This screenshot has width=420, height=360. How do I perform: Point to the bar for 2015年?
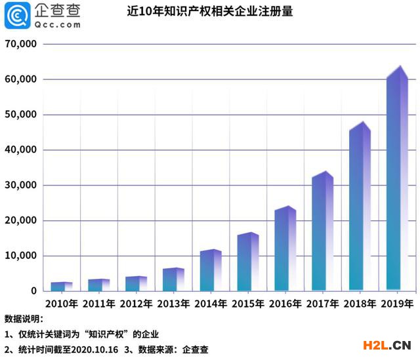pyautogui.click(x=247, y=262)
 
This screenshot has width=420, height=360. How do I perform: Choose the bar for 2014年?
pyautogui.click(x=210, y=271)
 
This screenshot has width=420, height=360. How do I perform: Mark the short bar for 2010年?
pyautogui.click(x=61, y=287)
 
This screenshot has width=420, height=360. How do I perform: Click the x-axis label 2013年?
pyautogui.click(x=173, y=304)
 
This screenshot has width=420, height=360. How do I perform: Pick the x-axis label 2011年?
pyautogui.click(x=98, y=304)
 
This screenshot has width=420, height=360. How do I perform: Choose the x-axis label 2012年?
pyautogui.click(x=136, y=304)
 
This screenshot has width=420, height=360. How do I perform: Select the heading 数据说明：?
pyautogui.click(x=24, y=319)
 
